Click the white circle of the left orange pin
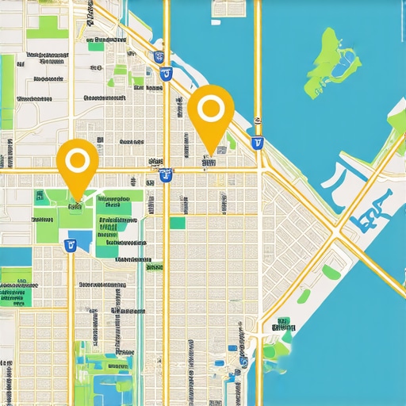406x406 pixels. (77, 162)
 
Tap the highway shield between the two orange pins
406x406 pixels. (166, 175)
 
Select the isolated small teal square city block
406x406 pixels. (178, 223)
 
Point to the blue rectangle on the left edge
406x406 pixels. (14, 257)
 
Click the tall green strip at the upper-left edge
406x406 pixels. (7, 87)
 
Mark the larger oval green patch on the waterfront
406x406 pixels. (331, 272)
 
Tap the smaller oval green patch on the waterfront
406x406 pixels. (304, 296)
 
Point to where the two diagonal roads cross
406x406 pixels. (339, 230)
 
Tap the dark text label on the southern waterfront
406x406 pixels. (281, 326)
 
